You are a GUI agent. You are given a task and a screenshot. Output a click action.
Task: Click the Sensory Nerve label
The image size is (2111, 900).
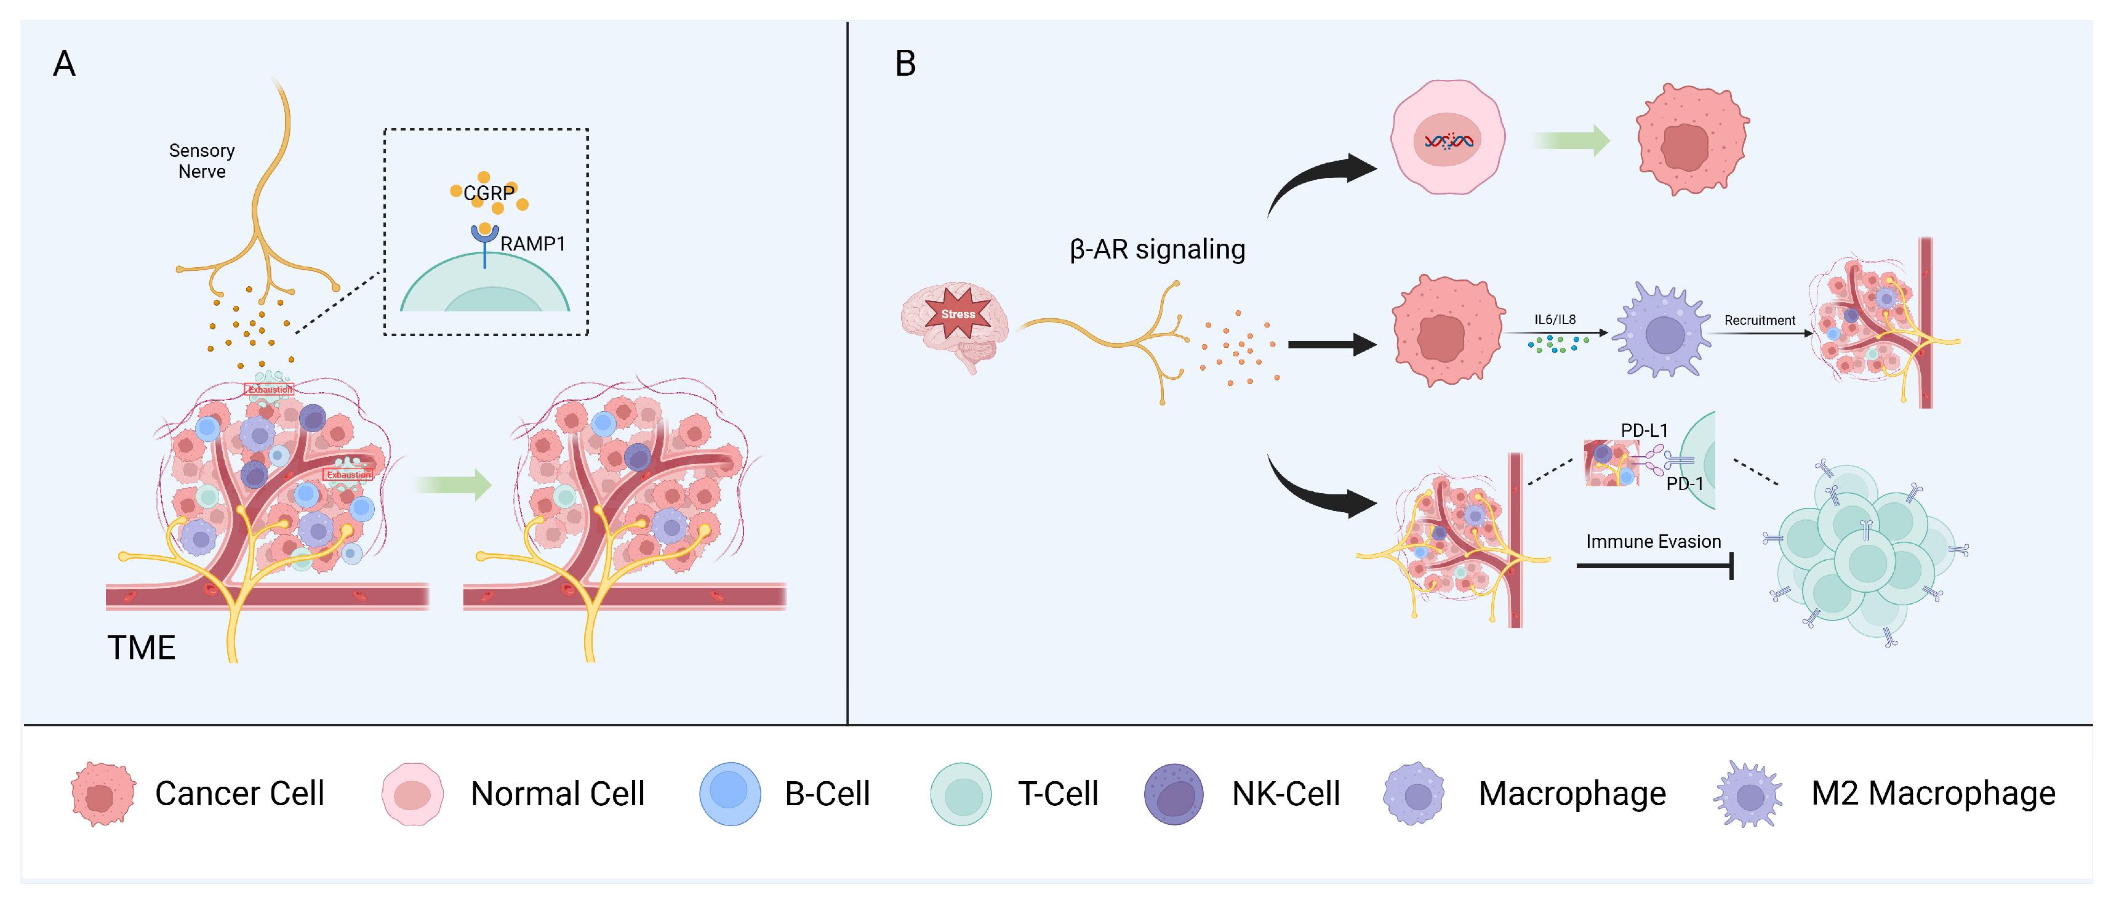[202, 161]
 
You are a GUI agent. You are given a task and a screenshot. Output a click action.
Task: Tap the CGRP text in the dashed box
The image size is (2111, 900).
[489, 193]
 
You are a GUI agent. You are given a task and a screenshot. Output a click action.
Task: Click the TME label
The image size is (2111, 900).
[141, 648]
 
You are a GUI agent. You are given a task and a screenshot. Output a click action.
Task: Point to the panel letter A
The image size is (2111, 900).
[64, 64]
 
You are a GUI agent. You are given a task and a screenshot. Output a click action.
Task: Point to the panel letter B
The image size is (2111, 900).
[905, 64]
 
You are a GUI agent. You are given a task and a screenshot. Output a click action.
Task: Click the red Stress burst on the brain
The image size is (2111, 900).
[957, 314]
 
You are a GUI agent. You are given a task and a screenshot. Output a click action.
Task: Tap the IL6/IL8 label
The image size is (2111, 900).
[1555, 319]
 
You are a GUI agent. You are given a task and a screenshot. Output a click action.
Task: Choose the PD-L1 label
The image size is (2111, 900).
[1643, 430]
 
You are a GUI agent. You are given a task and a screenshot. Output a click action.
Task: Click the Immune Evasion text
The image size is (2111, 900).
[1653, 542]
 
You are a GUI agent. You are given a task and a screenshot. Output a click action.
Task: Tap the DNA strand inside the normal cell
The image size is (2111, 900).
[1448, 142]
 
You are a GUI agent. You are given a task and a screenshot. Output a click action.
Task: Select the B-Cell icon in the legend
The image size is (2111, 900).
[729, 794]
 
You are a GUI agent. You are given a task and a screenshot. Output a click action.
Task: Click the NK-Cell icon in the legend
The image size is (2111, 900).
[1174, 794]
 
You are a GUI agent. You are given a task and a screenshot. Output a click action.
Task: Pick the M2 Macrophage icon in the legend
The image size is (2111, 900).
[1748, 794]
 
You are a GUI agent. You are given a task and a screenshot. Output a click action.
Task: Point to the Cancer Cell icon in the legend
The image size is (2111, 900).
[102, 794]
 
